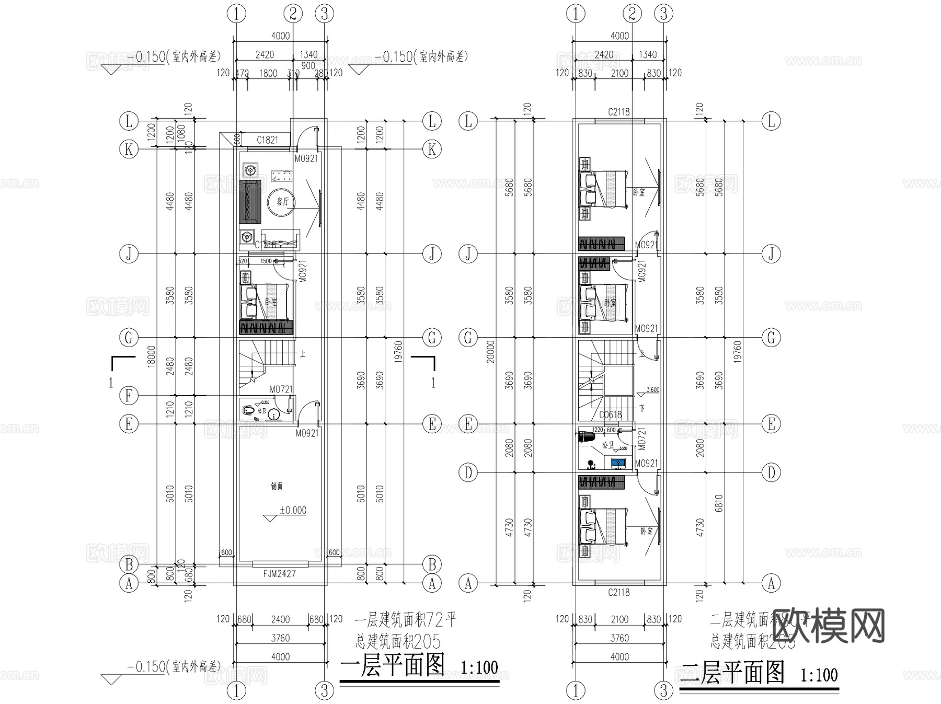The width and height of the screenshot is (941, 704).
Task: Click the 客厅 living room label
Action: [283, 202]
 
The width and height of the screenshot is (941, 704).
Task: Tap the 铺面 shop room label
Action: [277, 487]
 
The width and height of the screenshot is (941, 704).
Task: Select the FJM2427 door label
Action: [280, 573]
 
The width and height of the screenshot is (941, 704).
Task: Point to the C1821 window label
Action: [267, 140]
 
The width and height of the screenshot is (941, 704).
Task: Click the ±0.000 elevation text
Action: [293, 510]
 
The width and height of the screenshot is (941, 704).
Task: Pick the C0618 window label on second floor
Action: [610, 414]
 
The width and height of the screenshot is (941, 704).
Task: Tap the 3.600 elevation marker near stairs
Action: [653, 390]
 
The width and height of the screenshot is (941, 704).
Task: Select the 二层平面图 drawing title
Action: [732, 673]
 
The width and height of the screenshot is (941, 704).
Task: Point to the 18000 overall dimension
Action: [151, 356]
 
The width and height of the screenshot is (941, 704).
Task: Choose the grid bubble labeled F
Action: [129, 396]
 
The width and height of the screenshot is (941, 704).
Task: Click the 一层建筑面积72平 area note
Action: [406, 620]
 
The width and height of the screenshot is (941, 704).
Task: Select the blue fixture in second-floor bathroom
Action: [618, 463]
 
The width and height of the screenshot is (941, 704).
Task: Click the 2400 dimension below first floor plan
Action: [280, 619]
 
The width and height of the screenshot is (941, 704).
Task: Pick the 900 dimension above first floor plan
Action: [308, 65]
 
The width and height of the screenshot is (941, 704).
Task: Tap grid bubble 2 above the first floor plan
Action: [293, 14]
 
